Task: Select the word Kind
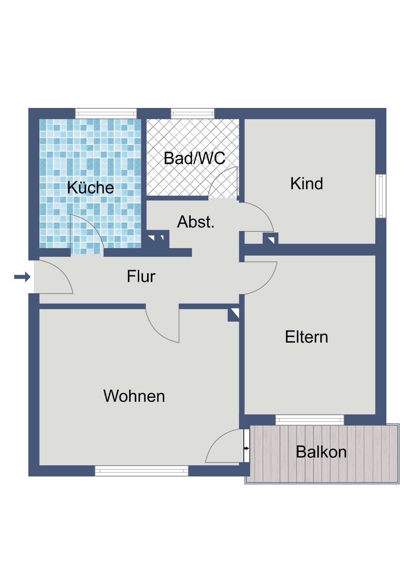(x=306, y=183)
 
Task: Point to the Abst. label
(x=195, y=222)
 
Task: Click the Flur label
(x=141, y=276)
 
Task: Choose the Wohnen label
(x=134, y=396)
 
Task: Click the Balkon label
(x=321, y=452)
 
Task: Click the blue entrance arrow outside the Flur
(x=22, y=277)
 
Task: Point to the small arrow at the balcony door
(x=246, y=448)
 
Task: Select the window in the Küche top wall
(x=106, y=114)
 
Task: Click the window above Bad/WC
(x=193, y=114)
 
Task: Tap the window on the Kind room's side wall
(x=381, y=196)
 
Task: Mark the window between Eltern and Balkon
(x=310, y=420)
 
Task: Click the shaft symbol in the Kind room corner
(x=271, y=238)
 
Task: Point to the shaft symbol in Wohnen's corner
(x=233, y=315)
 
